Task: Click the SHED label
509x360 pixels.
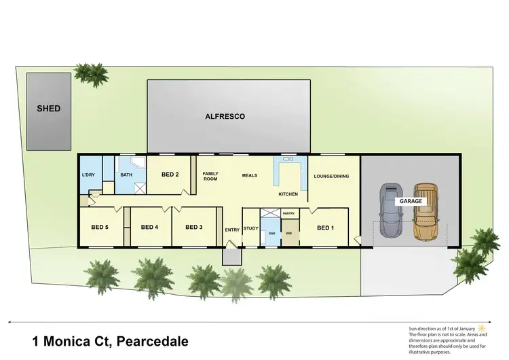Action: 48,109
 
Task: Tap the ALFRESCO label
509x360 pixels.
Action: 225,117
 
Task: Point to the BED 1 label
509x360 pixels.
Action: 325,228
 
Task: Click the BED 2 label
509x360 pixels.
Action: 170,175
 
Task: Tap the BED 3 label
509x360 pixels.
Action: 194,227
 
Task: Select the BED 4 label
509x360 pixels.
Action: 149,227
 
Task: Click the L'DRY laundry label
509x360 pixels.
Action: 89,175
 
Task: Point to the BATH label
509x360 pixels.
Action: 126,175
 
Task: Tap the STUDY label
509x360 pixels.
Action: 250,229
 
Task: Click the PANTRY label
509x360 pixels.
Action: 288,213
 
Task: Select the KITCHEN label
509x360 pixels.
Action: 288,194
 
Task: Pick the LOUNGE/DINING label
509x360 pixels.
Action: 331,177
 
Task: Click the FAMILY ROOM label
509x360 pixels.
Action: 210,177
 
